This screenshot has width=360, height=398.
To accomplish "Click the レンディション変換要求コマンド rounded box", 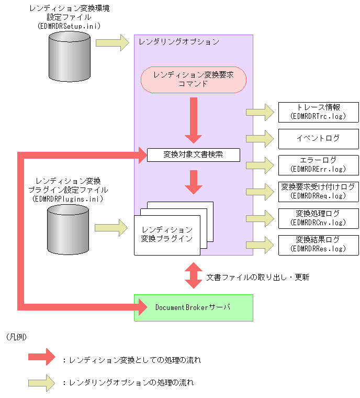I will pos(193,80).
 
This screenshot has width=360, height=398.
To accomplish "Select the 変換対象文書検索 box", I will pos(193,154).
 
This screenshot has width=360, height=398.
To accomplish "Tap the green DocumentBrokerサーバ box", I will pos(193,307).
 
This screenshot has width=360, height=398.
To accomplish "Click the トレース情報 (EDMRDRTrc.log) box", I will pos(319,112).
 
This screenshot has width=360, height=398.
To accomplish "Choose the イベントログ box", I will pos(319,138).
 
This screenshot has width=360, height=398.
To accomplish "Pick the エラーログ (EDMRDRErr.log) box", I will pos(319,164).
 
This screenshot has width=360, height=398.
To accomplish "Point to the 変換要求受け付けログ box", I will pos(319,191).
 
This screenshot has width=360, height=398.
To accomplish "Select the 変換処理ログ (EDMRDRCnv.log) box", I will pos(319,218).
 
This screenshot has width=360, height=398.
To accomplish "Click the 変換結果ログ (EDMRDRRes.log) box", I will pos(319,244).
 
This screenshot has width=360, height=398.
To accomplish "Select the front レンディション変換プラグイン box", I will pos(164,235).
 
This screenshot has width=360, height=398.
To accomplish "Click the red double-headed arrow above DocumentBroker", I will pos(194,275).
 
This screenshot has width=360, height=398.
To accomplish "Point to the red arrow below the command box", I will pos(194,121).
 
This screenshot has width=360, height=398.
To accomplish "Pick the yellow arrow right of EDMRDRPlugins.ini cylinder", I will pos(111,228).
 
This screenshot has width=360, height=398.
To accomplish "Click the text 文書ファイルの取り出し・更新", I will pos(257,277).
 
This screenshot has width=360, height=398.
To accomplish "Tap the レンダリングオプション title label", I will pos(179,41).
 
